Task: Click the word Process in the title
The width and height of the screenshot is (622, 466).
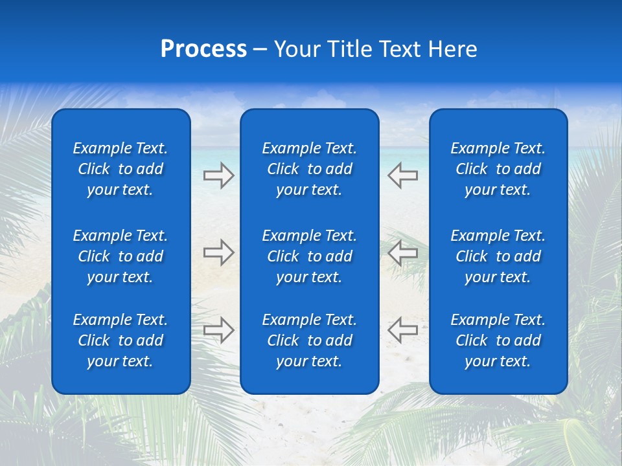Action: tap(203, 49)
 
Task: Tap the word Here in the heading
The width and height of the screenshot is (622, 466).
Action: tap(453, 49)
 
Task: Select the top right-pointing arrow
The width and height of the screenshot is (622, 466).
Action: tap(218, 175)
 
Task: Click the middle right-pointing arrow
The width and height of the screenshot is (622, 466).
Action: tap(218, 252)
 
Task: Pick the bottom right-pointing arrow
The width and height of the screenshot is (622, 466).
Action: tap(218, 330)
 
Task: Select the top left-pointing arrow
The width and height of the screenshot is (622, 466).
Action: tap(403, 175)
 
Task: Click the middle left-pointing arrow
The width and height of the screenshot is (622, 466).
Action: tap(403, 252)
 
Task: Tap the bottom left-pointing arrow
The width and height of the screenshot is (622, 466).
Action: tap(403, 330)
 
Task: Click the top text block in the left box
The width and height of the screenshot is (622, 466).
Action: tap(121, 169)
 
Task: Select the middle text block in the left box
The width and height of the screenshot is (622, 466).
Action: tap(121, 256)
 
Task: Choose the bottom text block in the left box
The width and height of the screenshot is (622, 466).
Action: tap(121, 340)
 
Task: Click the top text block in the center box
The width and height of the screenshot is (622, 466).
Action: tap(310, 169)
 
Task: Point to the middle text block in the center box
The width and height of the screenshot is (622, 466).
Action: tap(310, 256)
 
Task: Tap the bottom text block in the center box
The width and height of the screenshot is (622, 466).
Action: tap(310, 340)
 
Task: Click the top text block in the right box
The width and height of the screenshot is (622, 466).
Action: tap(498, 169)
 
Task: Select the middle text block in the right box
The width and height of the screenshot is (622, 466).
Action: tap(498, 256)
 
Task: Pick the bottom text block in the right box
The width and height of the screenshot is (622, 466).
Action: tap(498, 340)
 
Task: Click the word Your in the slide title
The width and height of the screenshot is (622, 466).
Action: tap(296, 49)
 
